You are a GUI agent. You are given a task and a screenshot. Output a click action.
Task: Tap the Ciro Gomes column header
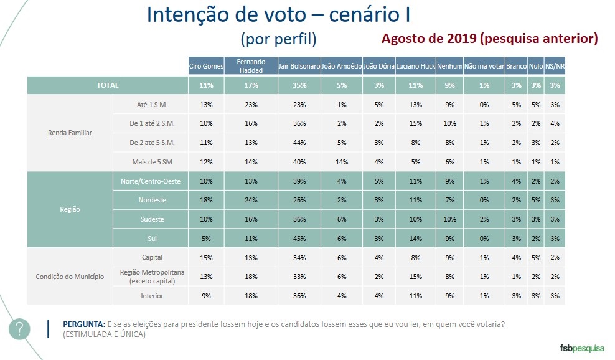pyautogui.click(x=207, y=66)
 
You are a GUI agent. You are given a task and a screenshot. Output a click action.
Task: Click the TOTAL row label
pyautogui.click(x=107, y=85)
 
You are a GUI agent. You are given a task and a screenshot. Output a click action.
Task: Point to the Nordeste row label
pyautogui.click(x=151, y=201)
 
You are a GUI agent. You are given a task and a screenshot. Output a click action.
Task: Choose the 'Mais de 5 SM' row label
pyautogui.click(x=151, y=162)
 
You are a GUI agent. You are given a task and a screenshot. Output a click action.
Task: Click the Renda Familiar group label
pyautogui.click(x=70, y=133)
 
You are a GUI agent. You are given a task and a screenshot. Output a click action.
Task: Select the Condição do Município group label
pyautogui.click(x=70, y=277)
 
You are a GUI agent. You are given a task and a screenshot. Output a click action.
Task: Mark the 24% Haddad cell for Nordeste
pyautogui.click(x=251, y=201)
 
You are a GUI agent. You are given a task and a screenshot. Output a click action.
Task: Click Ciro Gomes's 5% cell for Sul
pyautogui.click(x=207, y=239)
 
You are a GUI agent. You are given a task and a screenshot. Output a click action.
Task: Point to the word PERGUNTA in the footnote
pyautogui.click(x=84, y=325)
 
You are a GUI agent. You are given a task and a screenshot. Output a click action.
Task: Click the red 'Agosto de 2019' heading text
pyautogui.click(x=489, y=39)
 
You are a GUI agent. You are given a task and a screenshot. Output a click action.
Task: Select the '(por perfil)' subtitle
pyautogui.click(x=278, y=39)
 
